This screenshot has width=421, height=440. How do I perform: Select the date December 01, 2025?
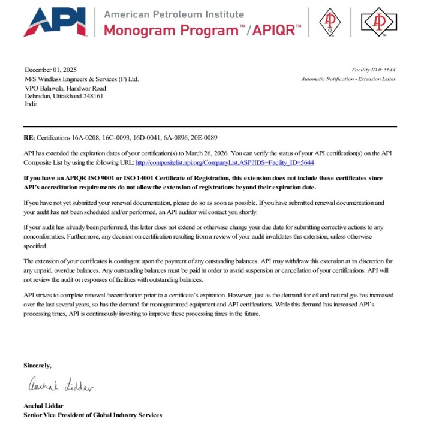tap(50, 70)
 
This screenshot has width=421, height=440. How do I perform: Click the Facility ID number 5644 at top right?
tap(389, 70)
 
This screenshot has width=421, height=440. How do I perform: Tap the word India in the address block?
tap(31, 104)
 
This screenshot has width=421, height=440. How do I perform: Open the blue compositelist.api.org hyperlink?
tap(225, 162)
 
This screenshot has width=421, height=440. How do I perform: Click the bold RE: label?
tap(29, 138)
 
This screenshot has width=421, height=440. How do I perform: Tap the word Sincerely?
tap(37, 365)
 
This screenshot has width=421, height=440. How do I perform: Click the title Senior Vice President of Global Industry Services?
tap(92, 414)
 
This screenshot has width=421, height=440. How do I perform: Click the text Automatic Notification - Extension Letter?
tap(348, 79)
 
